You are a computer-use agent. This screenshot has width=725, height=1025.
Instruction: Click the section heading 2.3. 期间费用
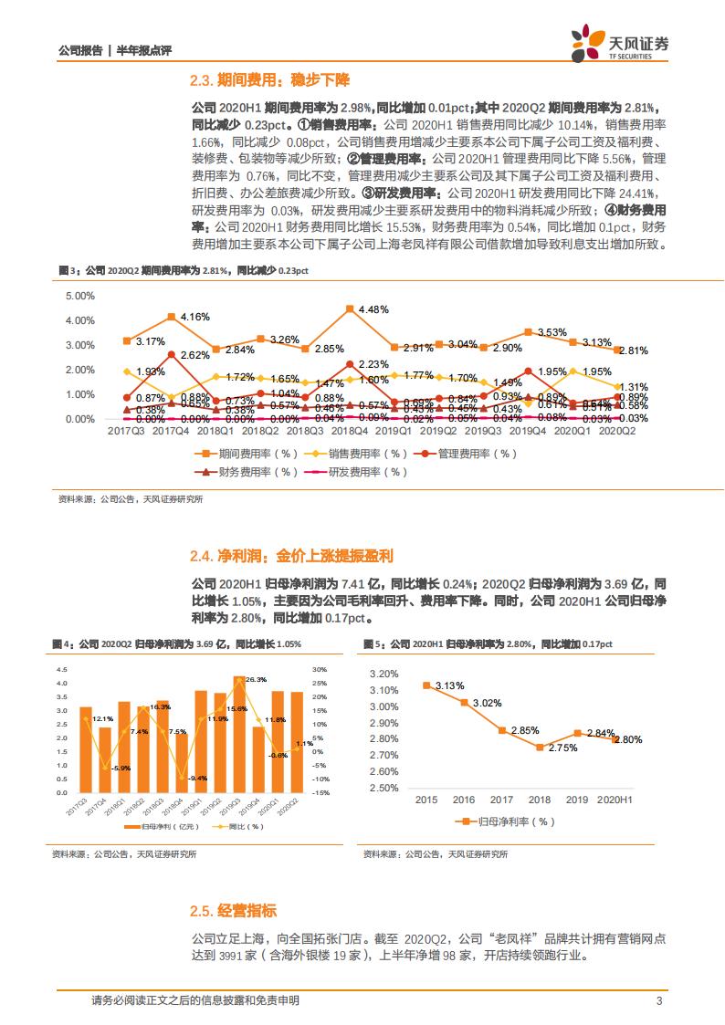click(270, 80)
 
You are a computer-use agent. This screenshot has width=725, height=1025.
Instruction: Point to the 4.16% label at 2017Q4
click(194, 316)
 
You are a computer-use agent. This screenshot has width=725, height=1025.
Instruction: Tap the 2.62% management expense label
click(194, 355)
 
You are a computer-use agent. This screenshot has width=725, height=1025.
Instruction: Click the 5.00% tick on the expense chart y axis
click(80, 296)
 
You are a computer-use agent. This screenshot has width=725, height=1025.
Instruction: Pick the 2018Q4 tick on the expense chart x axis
click(351, 430)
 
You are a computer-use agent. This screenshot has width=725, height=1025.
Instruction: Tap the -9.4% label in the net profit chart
click(196, 777)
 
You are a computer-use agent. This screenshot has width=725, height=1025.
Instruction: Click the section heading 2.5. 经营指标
click(234, 911)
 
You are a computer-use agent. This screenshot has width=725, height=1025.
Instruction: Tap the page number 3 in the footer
click(658, 1001)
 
